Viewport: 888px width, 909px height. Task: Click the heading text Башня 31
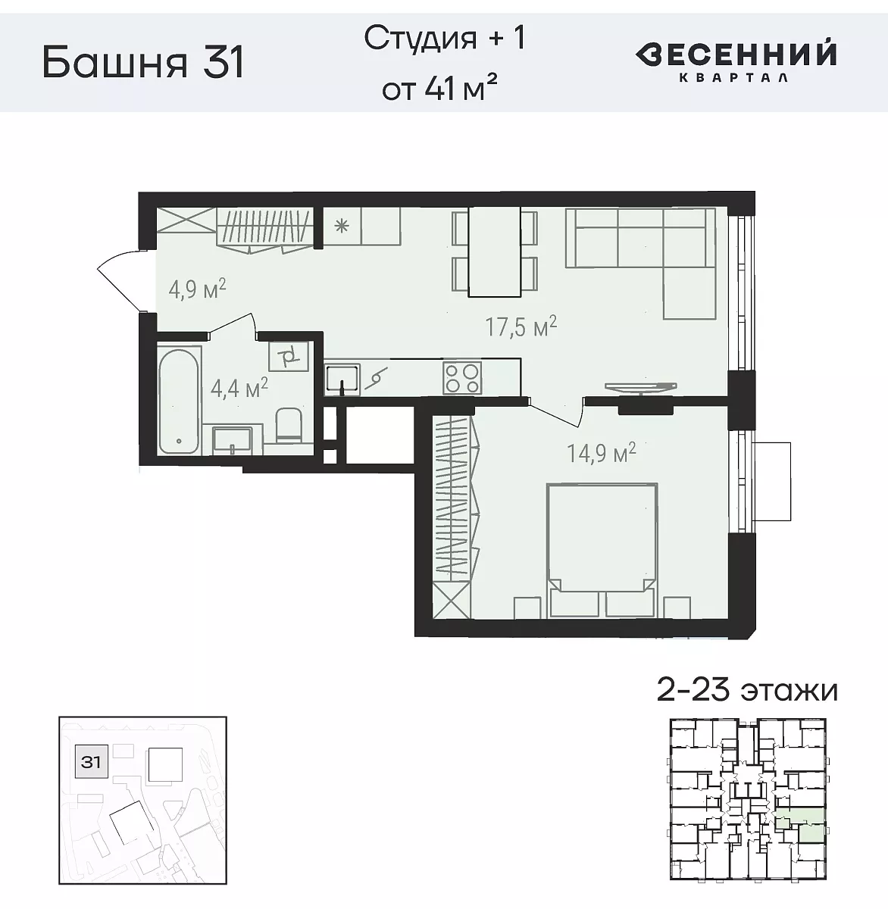click(144, 62)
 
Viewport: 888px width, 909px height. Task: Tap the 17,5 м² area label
click(521, 327)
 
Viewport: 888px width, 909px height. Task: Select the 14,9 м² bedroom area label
click(601, 453)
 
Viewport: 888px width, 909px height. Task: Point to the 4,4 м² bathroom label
click(239, 389)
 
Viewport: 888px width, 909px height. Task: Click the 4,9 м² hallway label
click(197, 289)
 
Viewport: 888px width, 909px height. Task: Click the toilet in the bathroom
click(289, 426)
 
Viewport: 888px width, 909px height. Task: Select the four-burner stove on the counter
click(461, 377)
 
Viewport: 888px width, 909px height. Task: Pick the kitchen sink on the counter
click(342, 376)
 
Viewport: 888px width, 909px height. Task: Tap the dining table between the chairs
click(494, 251)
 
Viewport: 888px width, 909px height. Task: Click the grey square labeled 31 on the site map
click(91, 761)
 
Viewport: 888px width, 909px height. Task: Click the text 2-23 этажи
click(746, 690)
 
